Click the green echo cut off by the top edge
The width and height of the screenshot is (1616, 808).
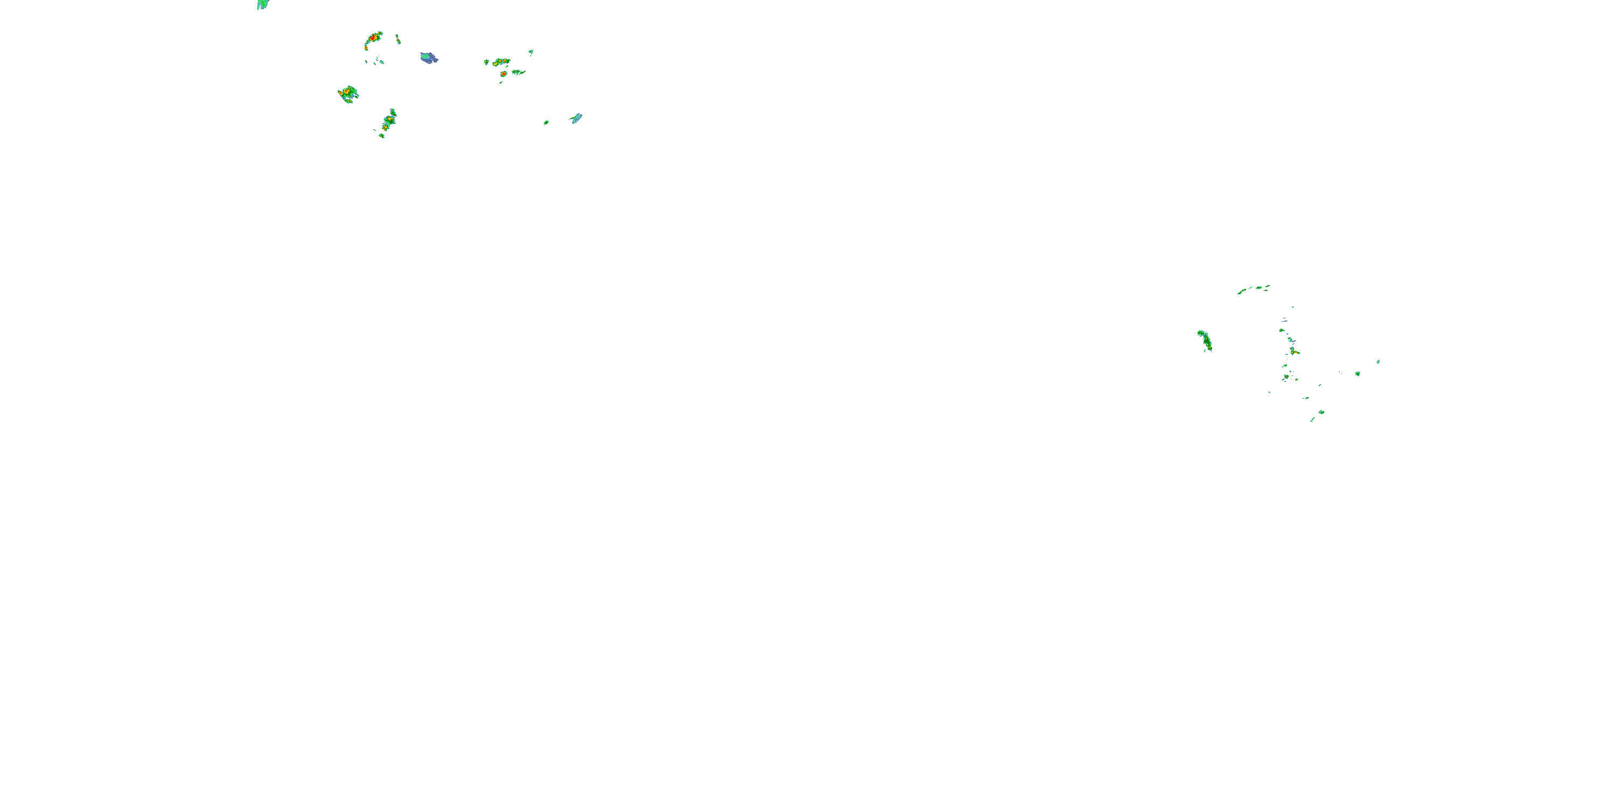click(263, 4)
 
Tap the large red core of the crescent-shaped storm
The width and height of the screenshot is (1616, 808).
click(373, 38)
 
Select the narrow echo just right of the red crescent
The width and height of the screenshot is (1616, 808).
click(398, 39)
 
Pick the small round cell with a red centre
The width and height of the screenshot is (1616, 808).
click(503, 74)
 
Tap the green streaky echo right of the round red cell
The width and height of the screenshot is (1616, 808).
click(518, 72)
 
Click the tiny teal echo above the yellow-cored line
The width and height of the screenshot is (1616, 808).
click(531, 51)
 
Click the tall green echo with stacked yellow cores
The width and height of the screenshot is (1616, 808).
click(389, 119)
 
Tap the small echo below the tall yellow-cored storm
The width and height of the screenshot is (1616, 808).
click(381, 136)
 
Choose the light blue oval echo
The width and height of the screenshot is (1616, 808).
click(576, 118)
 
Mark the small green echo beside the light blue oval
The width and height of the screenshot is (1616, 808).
click(546, 122)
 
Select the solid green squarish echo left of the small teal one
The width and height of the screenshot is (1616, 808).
click(1357, 374)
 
